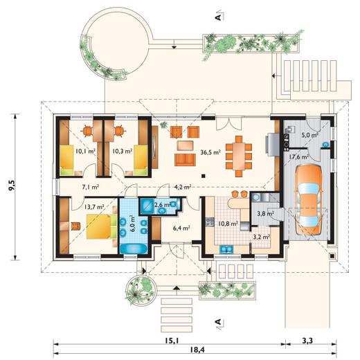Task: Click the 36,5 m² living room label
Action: pyautogui.click(x=210, y=152)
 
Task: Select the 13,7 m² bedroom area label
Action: pyautogui.click(x=94, y=206)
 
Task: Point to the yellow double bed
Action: pyautogui.click(x=101, y=226)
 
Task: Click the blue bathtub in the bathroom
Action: pyautogui.click(x=134, y=249)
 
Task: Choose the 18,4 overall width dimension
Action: pyautogui.click(x=197, y=350)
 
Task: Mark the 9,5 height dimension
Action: pyautogui.click(x=12, y=186)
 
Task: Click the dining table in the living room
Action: pyautogui.click(x=239, y=156)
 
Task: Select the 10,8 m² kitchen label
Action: pyautogui.click(x=228, y=224)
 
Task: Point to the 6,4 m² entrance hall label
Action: pyautogui.click(x=181, y=228)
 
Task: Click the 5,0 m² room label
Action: pyautogui.click(x=310, y=135)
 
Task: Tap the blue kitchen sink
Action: pyautogui.click(x=226, y=249)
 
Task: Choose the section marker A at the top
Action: pyautogui.click(x=219, y=17)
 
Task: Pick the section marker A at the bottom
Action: pyautogui.click(x=219, y=322)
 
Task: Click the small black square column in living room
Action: pyautogui.click(x=204, y=176)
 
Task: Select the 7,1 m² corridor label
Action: pyautogui.click(x=91, y=187)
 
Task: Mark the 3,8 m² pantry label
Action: pyautogui.click(x=265, y=213)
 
